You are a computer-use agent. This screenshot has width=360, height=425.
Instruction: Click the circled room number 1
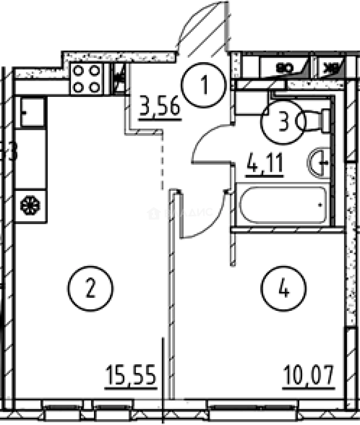pyautogui.click(x=204, y=85)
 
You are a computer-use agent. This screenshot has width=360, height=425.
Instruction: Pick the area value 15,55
pyautogui.click(x=131, y=377)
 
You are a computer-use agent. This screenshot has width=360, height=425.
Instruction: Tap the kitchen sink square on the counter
pyautogui.click(x=31, y=112)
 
